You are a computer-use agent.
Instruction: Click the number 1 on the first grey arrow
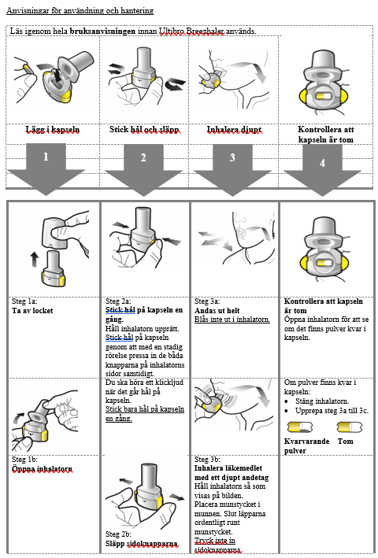pos(46,157)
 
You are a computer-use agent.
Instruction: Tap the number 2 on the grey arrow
pos(143,157)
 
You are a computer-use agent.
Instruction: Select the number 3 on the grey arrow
pos(232,157)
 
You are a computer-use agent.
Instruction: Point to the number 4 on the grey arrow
pos(322,163)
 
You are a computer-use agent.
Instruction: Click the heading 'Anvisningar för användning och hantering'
pos(80,11)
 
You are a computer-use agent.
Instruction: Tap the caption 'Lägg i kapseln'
pos(52,130)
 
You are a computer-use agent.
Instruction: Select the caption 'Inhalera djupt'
pos(234,130)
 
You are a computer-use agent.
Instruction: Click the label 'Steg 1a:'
pos(24,301)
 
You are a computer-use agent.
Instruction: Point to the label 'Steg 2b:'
pos(118,534)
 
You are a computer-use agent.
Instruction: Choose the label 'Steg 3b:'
pos(207,460)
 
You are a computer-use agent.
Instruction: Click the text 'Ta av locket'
pos(32,311)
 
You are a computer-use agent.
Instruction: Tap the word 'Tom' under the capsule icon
pos(345,442)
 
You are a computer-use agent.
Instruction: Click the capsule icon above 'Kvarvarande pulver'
pos(300,427)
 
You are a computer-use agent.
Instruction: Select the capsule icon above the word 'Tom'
pos(350,427)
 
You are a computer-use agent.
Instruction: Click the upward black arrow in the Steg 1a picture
pos(34,260)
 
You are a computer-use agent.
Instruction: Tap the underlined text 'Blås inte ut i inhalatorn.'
pos(232,320)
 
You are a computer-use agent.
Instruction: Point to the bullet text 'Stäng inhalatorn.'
pos(322,401)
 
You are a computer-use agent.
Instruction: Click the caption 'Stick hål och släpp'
pos(144,130)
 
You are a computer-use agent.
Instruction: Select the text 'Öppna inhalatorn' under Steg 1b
pos(42,469)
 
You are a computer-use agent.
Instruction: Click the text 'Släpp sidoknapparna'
pos(141,544)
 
